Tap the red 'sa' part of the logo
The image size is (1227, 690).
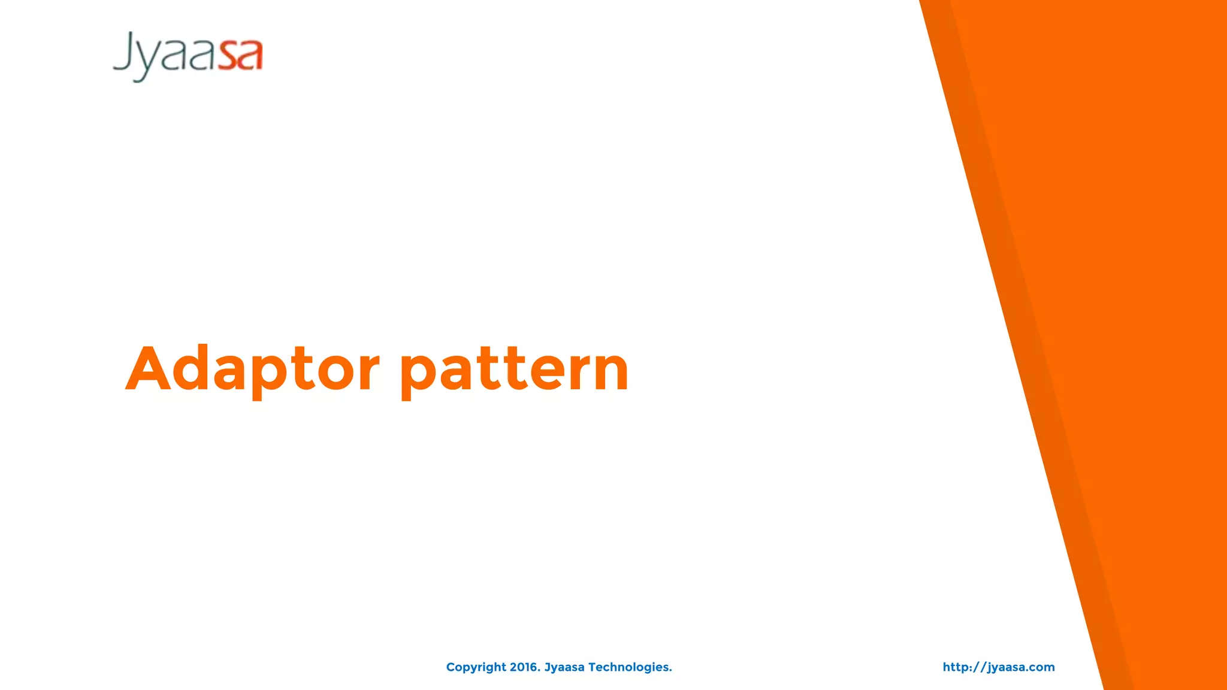[x=240, y=56]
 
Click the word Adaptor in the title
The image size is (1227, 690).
[x=252, y=370]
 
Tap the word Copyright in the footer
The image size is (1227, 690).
[x=476, y=667]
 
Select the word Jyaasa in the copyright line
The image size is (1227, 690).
[x=564, y=667]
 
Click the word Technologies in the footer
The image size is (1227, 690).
[x=630, y=667]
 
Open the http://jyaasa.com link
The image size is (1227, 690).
[x=998, y=667]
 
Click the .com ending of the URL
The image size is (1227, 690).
[x=1041, y=667]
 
